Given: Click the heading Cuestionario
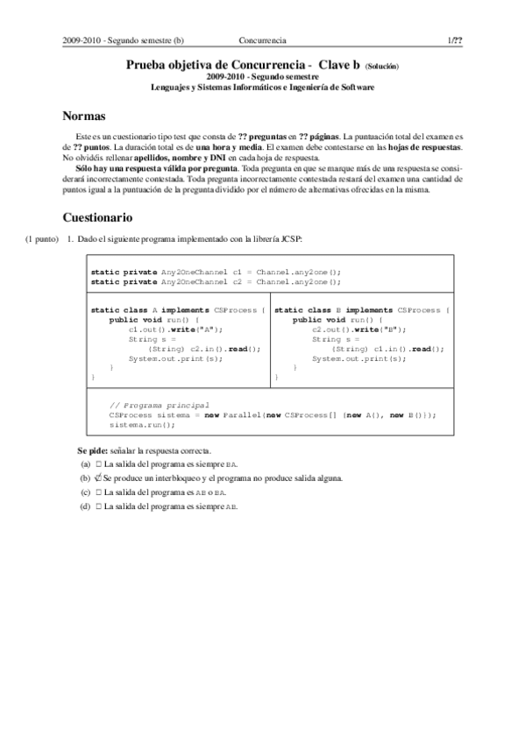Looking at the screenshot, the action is coord(97,216).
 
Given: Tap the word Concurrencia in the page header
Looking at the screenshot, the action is coord(262,40).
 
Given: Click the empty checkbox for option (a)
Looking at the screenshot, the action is coord(99,464).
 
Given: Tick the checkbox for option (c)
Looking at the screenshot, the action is coord(99,492).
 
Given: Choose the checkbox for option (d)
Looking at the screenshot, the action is coord(99,506).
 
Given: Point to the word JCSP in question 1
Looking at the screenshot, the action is coord(290,238).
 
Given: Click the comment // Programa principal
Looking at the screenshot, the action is coord(159,405).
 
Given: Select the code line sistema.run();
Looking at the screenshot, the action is coord(142,424).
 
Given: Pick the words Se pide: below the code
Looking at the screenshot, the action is coord(92,450).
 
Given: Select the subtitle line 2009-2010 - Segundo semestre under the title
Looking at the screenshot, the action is coord(262,77).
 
